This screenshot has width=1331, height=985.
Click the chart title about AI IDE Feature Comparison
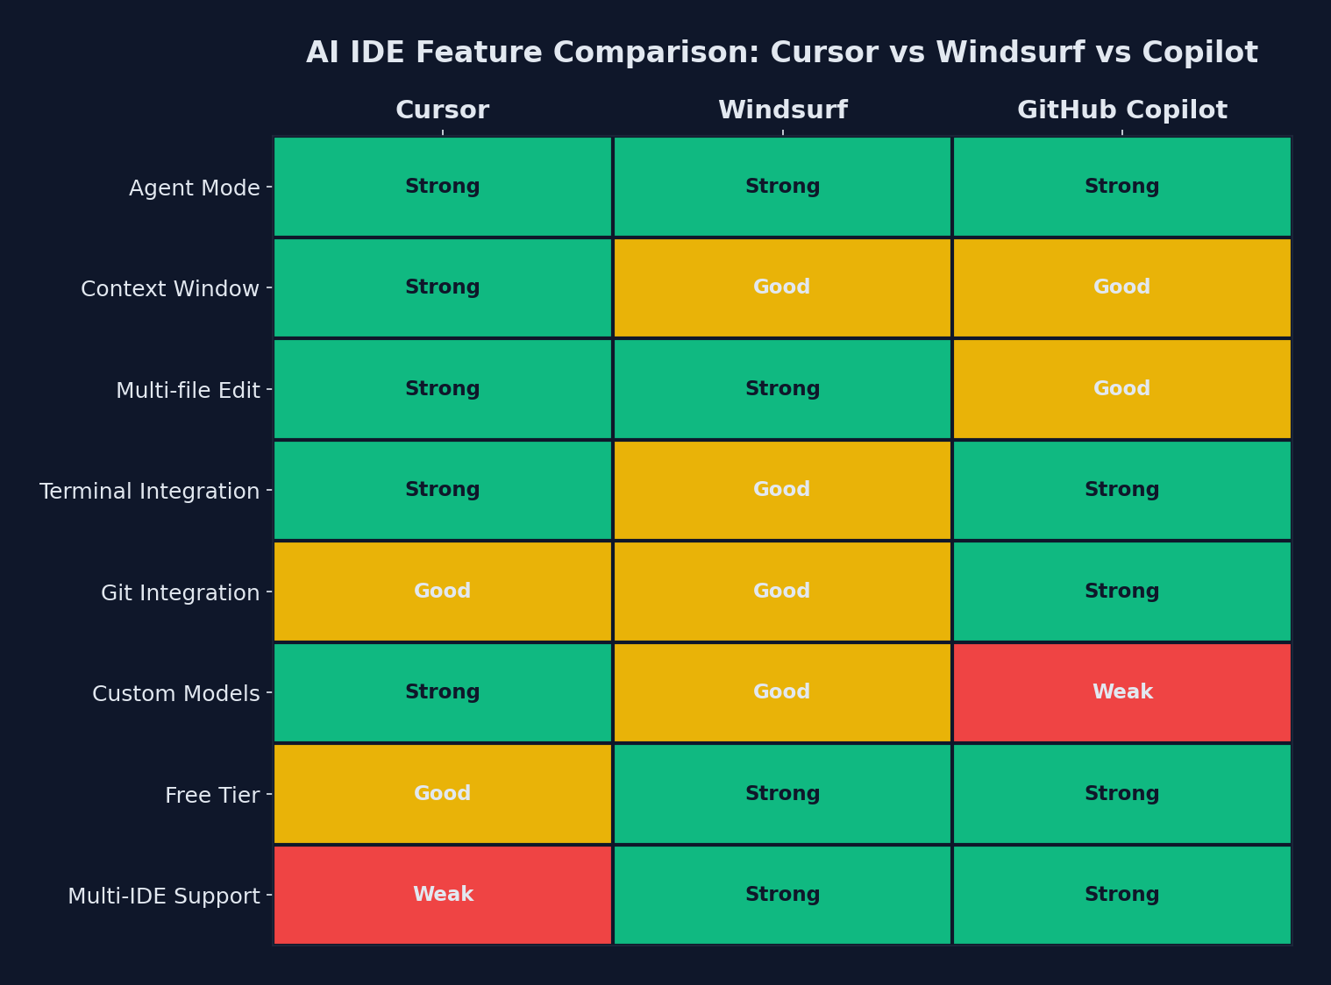pos(781,53)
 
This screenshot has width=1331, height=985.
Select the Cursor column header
pos(442,110)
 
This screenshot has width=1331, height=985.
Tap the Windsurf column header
pos(782,110)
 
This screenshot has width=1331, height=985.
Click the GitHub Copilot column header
pos(1121,110)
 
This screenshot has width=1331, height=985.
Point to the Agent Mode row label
pos(194,188)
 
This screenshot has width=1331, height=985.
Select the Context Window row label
pos(170,289)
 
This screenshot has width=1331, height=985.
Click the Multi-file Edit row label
pos(188,391)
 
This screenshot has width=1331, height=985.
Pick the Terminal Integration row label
pos(149,492)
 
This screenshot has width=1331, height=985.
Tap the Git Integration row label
pos(180,593)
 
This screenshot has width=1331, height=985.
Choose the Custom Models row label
pos(175,694)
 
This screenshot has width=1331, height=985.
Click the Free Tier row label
pos(212,796)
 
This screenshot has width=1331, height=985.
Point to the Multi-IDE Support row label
pos(163,896)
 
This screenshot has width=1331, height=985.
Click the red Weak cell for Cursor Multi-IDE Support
pos(442,895)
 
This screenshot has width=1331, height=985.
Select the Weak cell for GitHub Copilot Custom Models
pos(1121,692)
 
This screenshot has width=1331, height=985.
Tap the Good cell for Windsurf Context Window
pos(782,287)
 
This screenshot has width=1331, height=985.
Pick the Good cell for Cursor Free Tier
pos(442,794)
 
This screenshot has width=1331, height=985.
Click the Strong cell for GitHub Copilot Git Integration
pos(1121,592)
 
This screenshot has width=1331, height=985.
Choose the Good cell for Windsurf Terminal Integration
pos(782,490)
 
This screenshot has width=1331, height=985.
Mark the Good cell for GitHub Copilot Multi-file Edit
pos(1121,389)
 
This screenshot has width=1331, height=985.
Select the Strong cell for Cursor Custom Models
pos(442,692)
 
